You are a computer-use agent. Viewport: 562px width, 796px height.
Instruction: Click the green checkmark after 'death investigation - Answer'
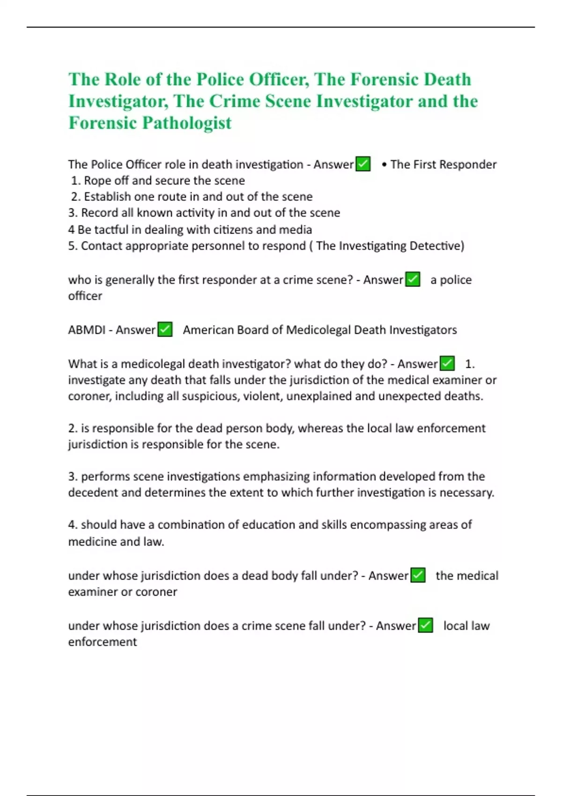pyautogui.click(x=363, y=164)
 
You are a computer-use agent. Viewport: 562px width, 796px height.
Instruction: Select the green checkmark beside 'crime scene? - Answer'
pyautogui.click(x=413, y=280)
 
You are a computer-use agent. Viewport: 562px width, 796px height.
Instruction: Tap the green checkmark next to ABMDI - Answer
pyautogui.click(x=165, y=330)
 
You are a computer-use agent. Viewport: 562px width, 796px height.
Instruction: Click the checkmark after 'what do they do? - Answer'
pyautogui.click(x=447, y=364)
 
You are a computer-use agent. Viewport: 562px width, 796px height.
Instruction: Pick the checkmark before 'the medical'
pyautogui.click(x=418, y=575)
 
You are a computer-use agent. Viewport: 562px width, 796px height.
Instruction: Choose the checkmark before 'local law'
pyautogui.click(x=425, y=626)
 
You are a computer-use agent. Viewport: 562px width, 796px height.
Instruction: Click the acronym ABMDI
pyautogui.click(x=87, y=330)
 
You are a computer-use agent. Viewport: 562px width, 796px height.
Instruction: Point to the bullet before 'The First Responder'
pyautogui.click(x=384, y=165)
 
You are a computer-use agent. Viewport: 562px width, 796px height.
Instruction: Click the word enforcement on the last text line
pyautogui.click(x=103, y=642)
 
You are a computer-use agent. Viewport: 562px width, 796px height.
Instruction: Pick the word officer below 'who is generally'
pyautogui.click(x=85, y=296)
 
